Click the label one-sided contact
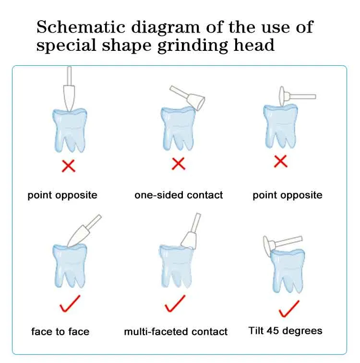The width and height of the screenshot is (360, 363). pyautogui.click(x=179, y=195)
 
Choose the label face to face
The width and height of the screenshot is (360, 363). pyautogui.click(x=60, y=331)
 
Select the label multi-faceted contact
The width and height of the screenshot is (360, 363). pyautogui.click(x=176, y=331)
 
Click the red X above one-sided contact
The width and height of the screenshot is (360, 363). pyautogui.click(x=179, y=164)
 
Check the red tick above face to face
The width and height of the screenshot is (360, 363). pyautogui.click(x=70, y=304)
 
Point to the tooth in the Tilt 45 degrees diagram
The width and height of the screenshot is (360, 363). pyautogui.click(x=288, y=270)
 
